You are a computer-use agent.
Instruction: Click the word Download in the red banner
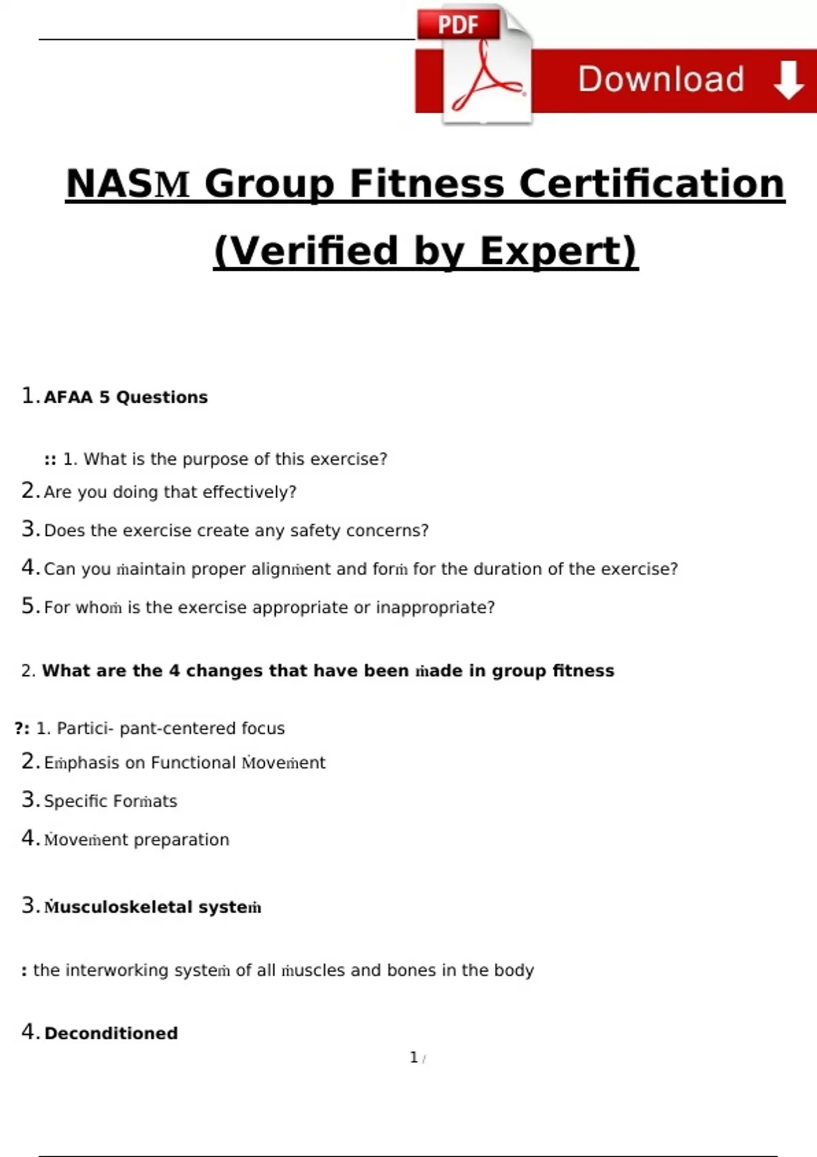tap(660, 80)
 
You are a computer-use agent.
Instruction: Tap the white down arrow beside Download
tap(788, 80)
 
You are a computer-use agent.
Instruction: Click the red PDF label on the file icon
tap(458, 25)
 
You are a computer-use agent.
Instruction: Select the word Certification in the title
tap(652, 184)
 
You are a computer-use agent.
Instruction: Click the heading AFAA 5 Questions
tap(125, 397)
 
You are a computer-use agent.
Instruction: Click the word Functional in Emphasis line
tap(193, 763)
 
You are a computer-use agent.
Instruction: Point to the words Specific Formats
tap(110, 801)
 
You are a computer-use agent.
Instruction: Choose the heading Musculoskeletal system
tap(153, 907)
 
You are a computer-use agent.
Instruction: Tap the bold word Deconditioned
tap(111, 1033)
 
